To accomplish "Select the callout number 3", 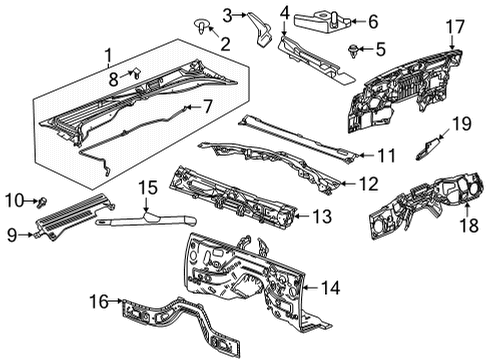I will click(228, 13).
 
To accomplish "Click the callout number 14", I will click(321, 215).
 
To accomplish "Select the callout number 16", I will click(147, 187).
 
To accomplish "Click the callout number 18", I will click(456, 26).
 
